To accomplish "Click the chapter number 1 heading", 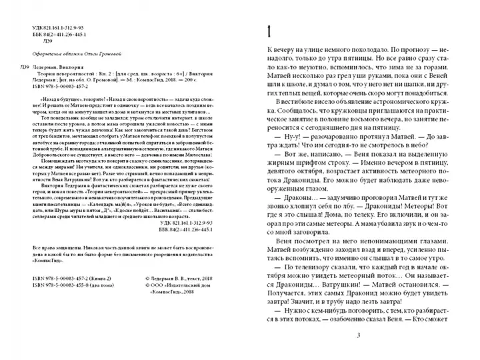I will pyautogui.click(x=269, y=31).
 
